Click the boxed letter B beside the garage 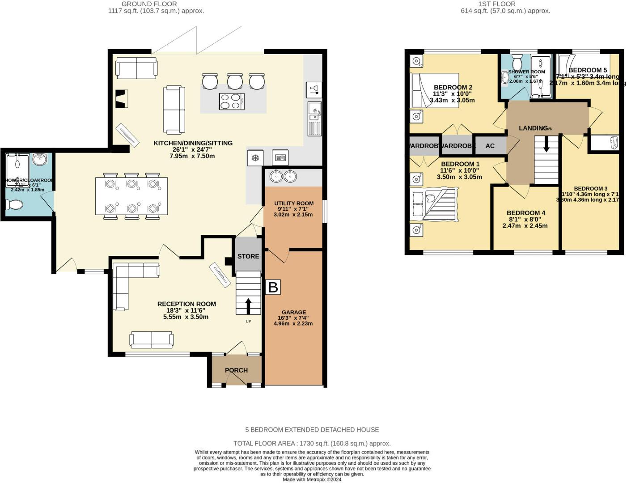(272, 287)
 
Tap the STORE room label (248, 256)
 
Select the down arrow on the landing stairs (546, 144)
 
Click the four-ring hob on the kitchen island (232, 101)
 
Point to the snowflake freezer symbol (255, 158)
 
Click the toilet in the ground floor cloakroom (15, 205)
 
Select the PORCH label (236, 370)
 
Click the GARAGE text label (294, 312)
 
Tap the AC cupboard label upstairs (490, 146)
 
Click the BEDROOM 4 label (525, 213)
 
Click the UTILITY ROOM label (294, 203)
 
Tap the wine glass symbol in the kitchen (313, 89)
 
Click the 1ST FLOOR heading (497, 4)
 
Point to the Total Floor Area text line (312, 443)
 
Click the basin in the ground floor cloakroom (40, 159)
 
